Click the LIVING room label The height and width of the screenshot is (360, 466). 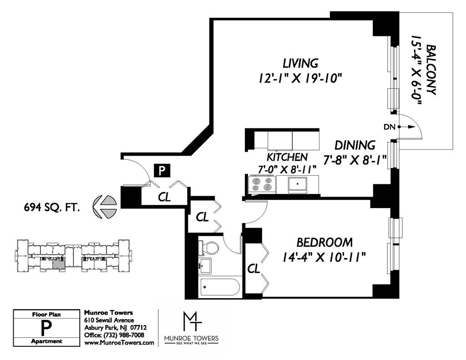coord(300,63)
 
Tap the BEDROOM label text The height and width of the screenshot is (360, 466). coord(324,242)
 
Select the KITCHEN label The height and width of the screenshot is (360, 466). coord(287,157)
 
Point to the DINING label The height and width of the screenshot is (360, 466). coord(355,145)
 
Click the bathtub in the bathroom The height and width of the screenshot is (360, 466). coord(220,287)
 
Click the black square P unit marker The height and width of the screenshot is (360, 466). coord(162,171)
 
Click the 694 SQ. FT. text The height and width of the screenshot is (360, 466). coord(52,208)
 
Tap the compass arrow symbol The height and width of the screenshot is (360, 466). coord(105,206)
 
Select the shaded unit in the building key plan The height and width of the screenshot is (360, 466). coord(59,264)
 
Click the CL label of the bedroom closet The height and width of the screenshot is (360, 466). coord(254,269)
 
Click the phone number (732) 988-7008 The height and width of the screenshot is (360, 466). coord(123,335)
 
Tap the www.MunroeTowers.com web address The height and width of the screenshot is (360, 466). coord(119,342)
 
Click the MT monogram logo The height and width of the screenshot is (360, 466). coord(192,321)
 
